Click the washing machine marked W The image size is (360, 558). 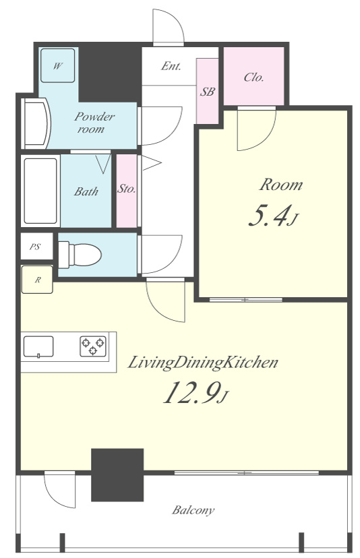pos(58,66)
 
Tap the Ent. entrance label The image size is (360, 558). pos(171,66)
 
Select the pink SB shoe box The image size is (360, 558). pos(207,91)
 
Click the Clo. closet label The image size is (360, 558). pos(254,77)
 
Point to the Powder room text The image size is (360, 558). pos(94,122)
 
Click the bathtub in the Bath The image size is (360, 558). pos(40,191)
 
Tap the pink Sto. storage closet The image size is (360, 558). pos(127,191)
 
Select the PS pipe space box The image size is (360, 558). pos(36,246)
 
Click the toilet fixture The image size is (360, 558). pos(80,255)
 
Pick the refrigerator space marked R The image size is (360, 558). pos(37,280)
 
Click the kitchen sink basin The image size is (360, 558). pos(38,346)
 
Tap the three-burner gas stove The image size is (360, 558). pos(93,346)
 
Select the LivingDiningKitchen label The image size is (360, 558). pos(203,363)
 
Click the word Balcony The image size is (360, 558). pos(193,510)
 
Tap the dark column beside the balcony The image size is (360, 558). pos(117,474)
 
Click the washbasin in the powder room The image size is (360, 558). pos(36,123)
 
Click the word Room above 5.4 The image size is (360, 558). pos(281,185)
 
